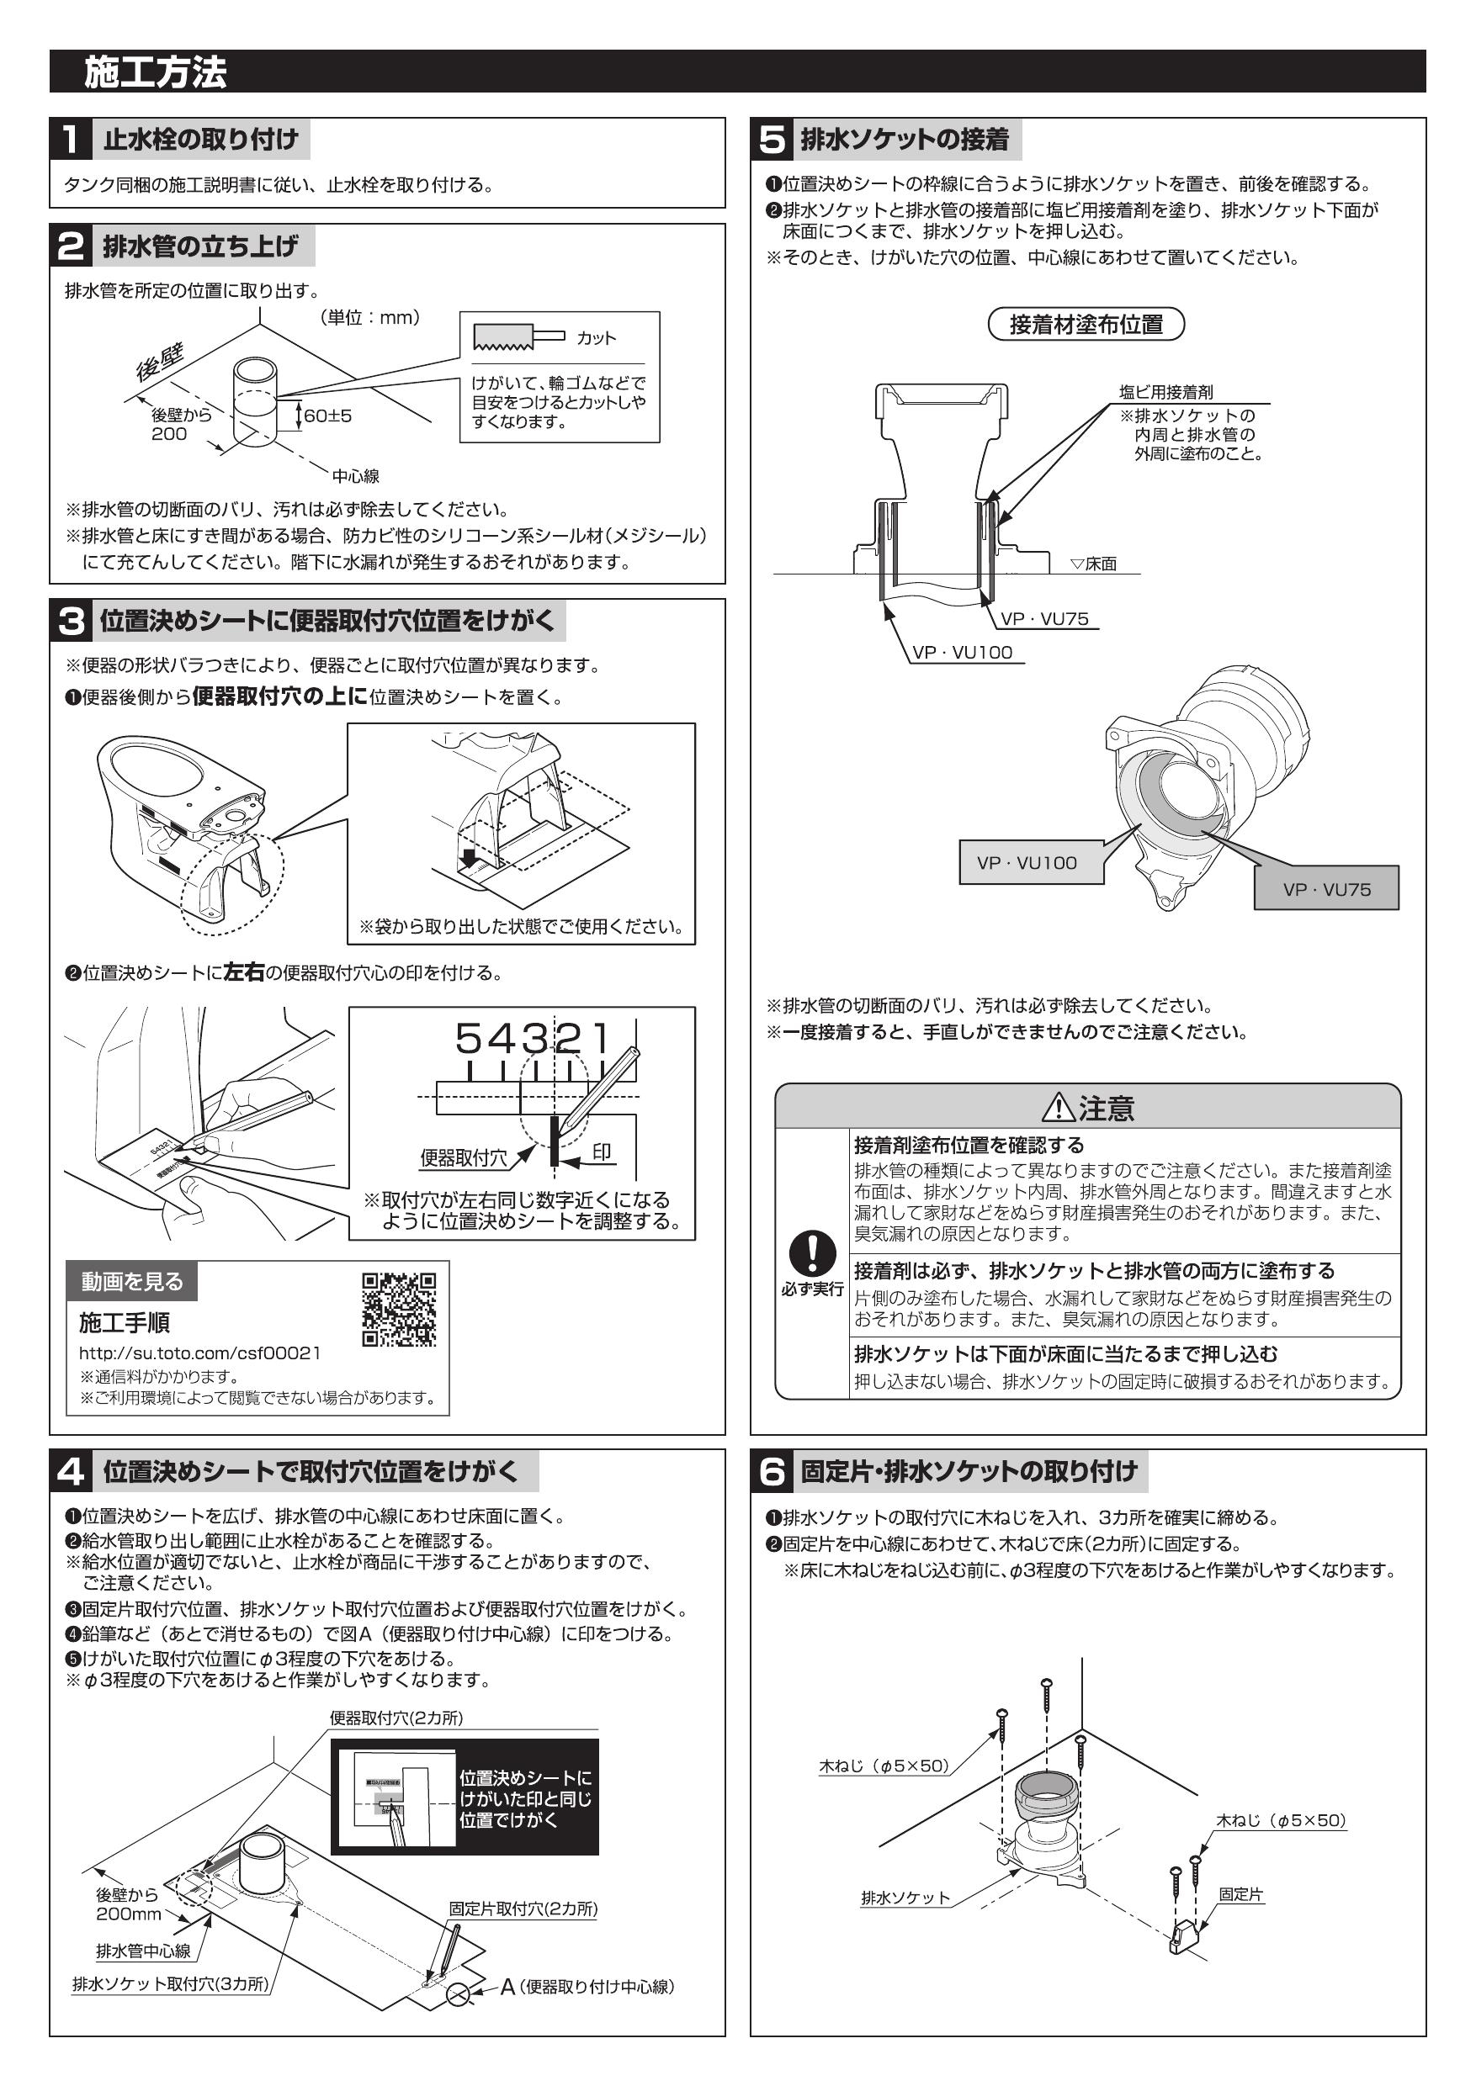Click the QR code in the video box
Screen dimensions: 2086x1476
[x=399, y=1309]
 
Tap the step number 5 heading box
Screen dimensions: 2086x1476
[x=772, y=139]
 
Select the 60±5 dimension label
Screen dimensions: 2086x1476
[x=327, y=416]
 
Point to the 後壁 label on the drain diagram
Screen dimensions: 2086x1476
[x=160, y=363]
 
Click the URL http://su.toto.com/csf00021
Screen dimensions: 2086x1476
[x=199, y=1353]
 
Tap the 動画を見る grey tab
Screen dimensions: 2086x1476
[x=132, y=1282]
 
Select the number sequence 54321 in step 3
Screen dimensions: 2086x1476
[x=532, y=1039]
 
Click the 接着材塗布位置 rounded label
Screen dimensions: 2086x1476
[x=1086, y=325]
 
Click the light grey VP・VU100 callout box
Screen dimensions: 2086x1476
[x=1031, y=863]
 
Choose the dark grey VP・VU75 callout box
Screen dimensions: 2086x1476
[x=1326, y=889]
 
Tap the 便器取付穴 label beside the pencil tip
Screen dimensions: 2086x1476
[x=463, y=1158]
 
